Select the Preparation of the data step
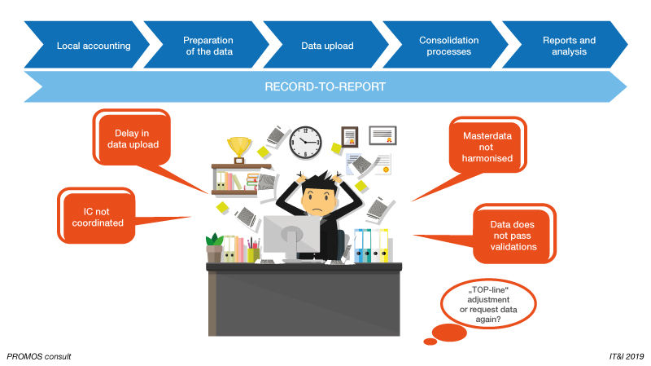[208, 46]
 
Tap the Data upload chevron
[327, 46]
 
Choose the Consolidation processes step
[448, 46]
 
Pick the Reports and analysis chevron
[568, 46]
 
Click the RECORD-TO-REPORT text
[325, 86]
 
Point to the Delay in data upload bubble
[133, 139]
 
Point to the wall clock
[306, 143]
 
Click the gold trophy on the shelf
[239, 148]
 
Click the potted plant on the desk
[215, 247]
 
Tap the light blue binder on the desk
[359, 245]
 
